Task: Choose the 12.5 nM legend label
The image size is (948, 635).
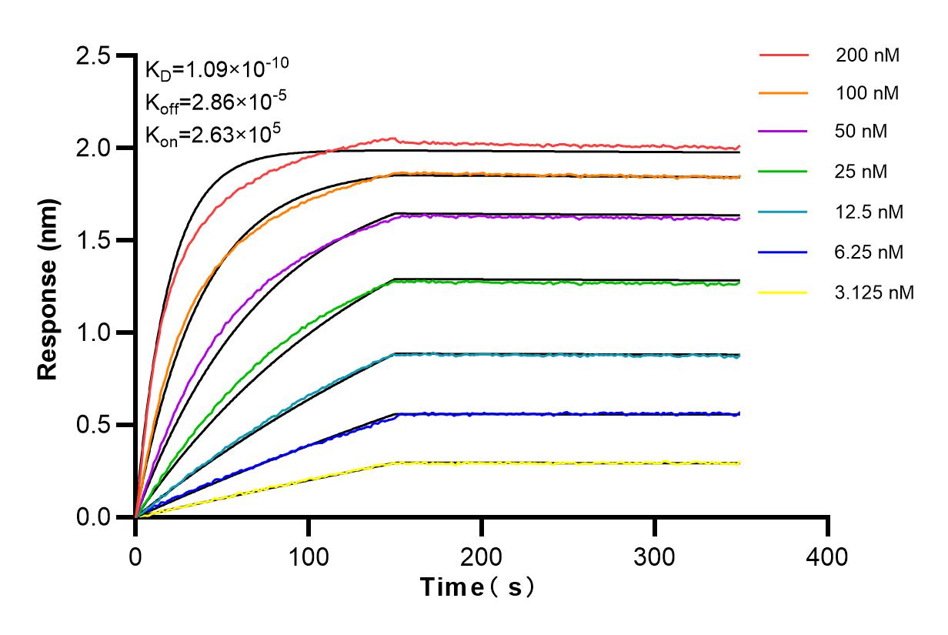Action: (x=870, y=212)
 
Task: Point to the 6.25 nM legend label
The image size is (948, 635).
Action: (x=870, y=252)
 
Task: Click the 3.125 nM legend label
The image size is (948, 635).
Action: (x=874, y=292)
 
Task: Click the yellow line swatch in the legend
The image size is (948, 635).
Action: (x=783, y=292)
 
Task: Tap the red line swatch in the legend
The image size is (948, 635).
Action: (x=783, y=55)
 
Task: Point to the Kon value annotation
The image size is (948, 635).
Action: (x=212, y=133)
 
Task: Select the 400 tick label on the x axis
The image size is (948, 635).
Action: (x=828, y=556)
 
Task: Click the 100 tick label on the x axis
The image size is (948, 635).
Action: (x=309, y=556)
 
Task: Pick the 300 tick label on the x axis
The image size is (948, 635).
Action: (x=655, y=556)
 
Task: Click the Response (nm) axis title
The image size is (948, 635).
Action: (x=48, y=287)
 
